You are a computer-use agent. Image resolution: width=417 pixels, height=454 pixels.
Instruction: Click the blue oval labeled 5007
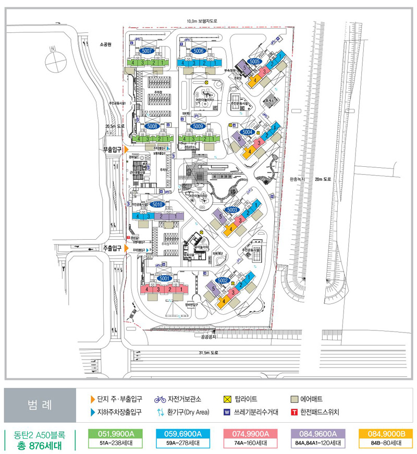tap(146, 51)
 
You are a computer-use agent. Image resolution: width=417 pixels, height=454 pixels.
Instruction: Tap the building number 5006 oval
tap(198, 51)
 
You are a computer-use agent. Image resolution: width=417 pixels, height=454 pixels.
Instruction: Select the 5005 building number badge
tap(255, 62)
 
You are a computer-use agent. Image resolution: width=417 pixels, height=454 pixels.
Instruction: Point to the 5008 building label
tap(153, 126)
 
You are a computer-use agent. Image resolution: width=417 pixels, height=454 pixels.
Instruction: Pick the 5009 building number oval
tap(198, 126)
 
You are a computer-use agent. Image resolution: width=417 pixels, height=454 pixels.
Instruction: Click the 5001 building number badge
tap(165, 278)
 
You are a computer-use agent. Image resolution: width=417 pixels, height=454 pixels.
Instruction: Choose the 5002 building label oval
tap(223, 280)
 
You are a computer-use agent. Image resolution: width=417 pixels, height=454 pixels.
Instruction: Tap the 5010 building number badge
tap(158, 204)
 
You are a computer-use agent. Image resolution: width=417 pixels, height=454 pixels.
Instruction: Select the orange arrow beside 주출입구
tap(126, 249)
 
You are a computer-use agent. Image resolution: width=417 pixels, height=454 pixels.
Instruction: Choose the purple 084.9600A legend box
tap(320, 434)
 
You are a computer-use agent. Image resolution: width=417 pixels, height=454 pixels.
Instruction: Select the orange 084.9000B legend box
tap(386, 434)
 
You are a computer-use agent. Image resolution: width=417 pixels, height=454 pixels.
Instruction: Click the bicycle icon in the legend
tap(160, 400)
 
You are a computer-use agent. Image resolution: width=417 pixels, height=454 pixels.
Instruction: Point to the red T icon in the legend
tap(295, 412)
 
